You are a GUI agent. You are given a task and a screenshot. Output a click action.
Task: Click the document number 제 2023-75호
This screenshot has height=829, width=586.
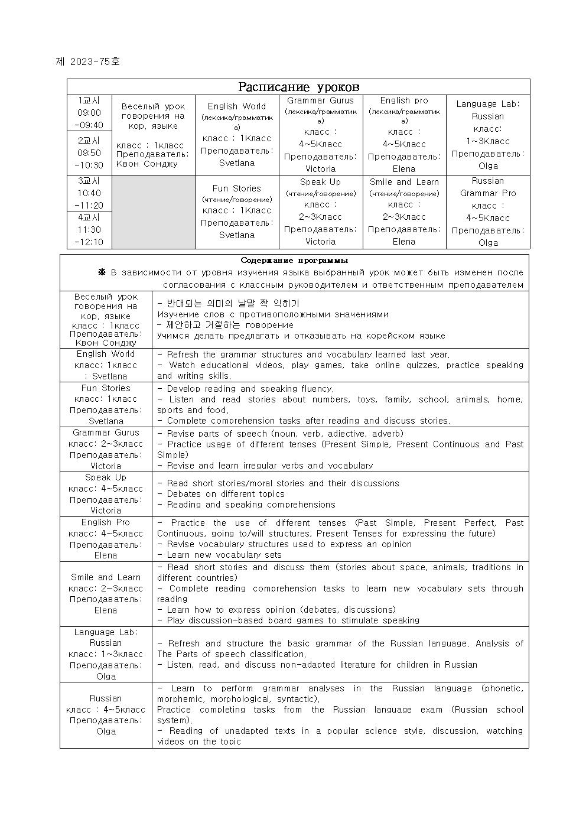tap(87, 61)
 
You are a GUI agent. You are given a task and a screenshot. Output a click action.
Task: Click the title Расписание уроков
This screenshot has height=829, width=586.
tap(298, 87)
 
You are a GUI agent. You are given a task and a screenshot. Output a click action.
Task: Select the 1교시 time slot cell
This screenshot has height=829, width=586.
tap(89, 113)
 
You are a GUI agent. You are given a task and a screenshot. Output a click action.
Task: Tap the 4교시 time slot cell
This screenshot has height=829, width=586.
tap(89, 230)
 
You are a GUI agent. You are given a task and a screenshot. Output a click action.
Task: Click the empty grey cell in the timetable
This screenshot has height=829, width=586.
tap(154, 212)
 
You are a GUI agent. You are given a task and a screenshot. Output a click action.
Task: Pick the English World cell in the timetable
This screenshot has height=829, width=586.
tap(237, 134)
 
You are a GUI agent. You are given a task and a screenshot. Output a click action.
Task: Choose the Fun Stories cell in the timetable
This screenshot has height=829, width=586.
tap(237, 212)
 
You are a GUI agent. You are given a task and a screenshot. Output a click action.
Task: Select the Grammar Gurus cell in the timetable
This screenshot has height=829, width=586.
tap(320, 134)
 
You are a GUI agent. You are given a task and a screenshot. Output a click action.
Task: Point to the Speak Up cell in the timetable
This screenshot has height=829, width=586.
tap(320, 212)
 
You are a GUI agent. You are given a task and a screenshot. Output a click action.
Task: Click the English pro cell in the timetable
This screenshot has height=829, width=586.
tap(404, 134)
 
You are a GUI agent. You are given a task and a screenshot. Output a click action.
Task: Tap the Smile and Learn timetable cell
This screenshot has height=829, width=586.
tap(404, 212)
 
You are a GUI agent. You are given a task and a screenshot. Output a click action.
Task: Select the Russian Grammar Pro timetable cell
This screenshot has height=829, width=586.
tap(488, 212)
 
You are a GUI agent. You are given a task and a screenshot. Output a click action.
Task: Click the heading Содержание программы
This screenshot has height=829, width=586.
tap(294, 261)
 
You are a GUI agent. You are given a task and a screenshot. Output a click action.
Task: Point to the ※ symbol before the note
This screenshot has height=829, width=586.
tap(101, 272)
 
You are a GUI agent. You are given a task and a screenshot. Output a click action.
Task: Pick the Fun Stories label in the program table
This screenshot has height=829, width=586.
tap(106, 388)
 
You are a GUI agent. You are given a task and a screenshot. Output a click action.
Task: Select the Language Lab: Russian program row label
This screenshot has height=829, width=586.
tap(106, 638)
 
